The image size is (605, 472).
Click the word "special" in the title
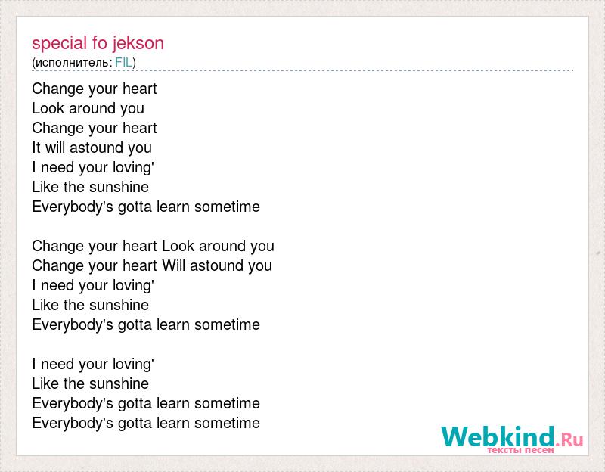60,44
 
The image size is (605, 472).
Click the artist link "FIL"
123,63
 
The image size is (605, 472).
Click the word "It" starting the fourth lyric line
36,147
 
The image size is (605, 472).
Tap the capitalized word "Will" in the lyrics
174,265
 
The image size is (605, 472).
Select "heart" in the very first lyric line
139,88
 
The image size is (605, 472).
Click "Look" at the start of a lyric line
48,108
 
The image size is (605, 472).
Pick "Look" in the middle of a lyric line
178,246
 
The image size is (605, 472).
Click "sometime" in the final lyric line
227,423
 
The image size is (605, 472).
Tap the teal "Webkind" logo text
498,436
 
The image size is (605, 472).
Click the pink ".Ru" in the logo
569,439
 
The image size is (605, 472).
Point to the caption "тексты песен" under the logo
520,450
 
